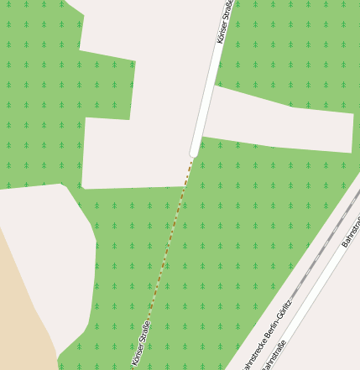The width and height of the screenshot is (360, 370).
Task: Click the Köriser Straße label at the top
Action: pos(224,22)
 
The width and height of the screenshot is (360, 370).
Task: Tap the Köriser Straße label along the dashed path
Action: pos(140,344)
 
